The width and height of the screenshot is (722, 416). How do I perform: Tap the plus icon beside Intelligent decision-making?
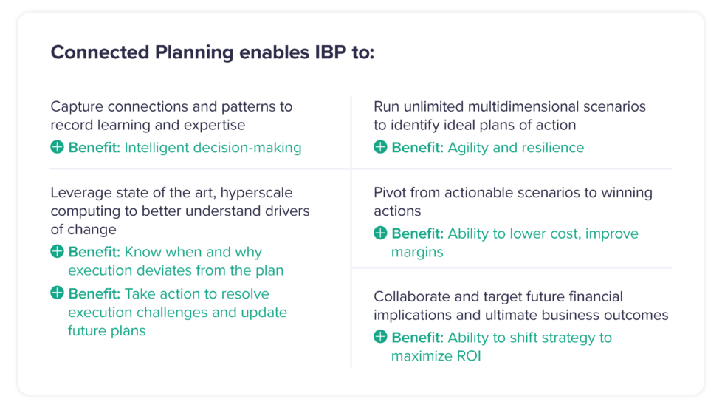pos(57,148)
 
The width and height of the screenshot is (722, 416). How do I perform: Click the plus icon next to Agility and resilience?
pos(380,148)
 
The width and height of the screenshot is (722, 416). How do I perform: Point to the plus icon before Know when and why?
pos(57,252)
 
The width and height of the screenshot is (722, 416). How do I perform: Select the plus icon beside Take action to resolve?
pos(57,293)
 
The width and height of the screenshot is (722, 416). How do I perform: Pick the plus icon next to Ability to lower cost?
pos(380,233)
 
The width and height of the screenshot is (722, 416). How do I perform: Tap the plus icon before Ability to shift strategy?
pos(380,338)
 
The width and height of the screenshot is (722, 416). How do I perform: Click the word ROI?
pos(469,356)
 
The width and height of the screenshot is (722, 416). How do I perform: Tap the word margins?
pos(418,252)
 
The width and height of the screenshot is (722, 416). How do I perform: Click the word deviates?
pos(157,270)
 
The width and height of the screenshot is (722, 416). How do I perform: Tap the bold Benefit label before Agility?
pos(417,148)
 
